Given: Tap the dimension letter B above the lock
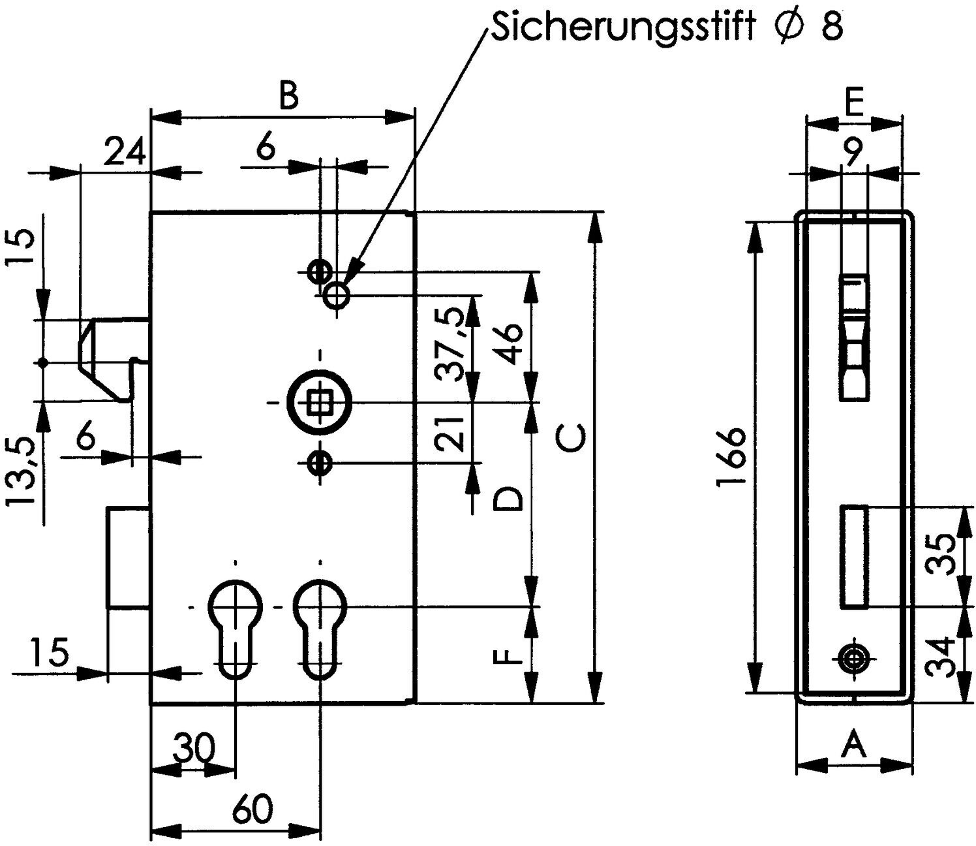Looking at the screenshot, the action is [x=288, y=97].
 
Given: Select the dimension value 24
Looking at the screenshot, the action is [x=124, y=151].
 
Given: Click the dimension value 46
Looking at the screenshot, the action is [x=508, y=343].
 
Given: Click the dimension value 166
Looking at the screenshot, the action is [x=731, y=457].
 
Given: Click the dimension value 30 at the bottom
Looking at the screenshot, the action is [x=193, y=746].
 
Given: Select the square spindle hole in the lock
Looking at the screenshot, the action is [x=320, y=403].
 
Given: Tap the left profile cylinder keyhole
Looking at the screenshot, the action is [x=235, y=628].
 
